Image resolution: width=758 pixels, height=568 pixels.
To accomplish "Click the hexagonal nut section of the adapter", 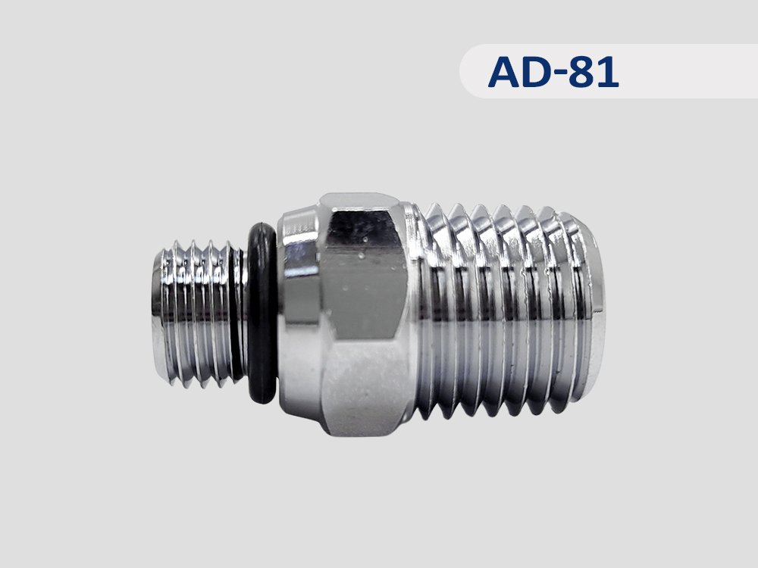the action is coord(362,314).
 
